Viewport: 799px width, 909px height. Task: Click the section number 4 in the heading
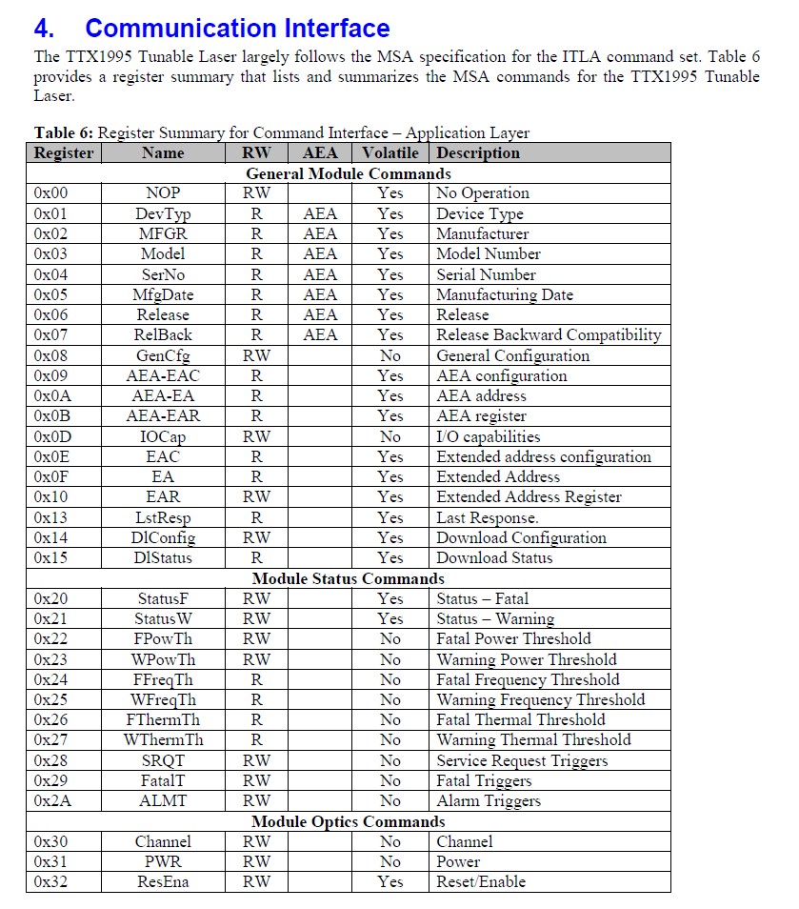43,29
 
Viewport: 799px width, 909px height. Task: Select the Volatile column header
390,152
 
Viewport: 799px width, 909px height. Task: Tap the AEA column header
320,152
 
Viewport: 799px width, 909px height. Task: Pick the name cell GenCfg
163,355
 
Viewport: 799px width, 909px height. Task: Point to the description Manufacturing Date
505,294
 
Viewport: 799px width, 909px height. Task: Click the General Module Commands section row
349,173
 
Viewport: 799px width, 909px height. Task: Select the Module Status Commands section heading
349,578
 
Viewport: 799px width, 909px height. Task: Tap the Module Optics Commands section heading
349,821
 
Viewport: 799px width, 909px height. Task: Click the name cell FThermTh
163,719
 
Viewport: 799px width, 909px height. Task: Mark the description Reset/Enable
481,881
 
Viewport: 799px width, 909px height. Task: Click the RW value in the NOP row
256,193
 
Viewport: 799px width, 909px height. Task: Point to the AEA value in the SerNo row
320,274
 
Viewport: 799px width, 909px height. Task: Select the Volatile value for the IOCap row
390,436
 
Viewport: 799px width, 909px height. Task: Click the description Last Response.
488,517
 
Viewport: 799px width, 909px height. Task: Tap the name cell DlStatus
163,557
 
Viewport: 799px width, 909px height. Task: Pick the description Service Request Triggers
522,760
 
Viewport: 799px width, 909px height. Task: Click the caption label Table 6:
64,133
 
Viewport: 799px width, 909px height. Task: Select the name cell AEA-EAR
163,415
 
